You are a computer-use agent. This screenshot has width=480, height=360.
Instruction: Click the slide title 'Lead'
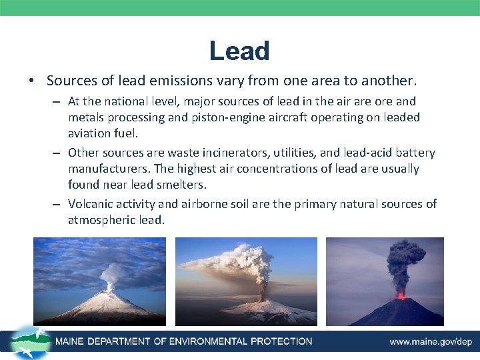pyautogui.click(x=239, y=51)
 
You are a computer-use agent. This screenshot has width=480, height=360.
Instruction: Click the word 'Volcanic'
pyautogui.click(x=92, y=204)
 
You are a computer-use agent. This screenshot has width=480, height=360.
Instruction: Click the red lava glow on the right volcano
pyautogui.click(x=401, y=295)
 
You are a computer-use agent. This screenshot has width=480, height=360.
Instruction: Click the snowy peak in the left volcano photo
pyautogui.click(x=108, y=293)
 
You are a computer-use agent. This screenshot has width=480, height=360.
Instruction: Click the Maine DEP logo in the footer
pyautogui.click(x=30, y=341)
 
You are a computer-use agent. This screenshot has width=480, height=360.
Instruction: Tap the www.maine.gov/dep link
pyautogui.click(x=431, y=341)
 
